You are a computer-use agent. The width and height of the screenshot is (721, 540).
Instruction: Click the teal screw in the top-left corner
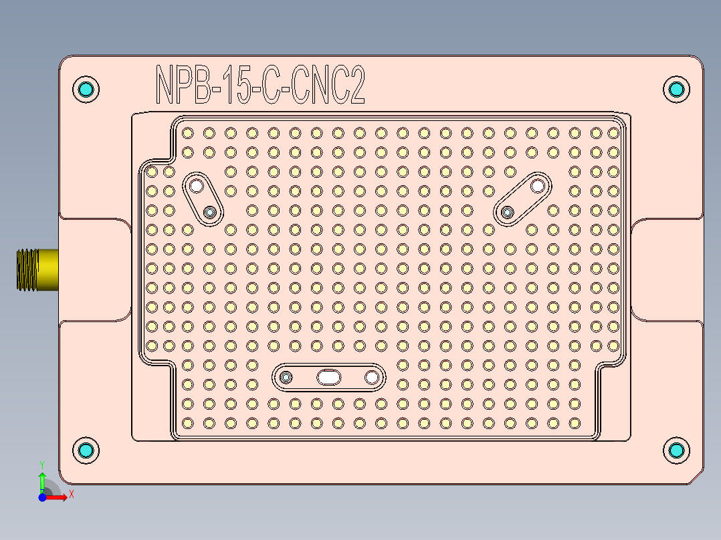86,89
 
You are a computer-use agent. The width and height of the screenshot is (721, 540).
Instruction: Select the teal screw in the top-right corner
676,89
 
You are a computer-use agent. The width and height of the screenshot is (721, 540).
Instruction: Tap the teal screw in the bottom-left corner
86,450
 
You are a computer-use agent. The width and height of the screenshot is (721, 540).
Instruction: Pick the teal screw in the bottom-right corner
676,450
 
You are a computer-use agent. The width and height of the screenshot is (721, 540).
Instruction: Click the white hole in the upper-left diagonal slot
196,185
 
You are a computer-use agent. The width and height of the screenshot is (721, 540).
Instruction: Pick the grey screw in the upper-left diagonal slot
211,213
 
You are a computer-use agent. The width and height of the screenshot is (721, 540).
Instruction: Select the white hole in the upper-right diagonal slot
537,185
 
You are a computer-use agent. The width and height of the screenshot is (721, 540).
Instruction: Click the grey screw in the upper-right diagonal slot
508,213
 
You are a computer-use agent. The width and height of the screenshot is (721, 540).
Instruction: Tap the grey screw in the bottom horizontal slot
286,378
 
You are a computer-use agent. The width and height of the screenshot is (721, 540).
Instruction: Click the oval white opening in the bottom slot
328,378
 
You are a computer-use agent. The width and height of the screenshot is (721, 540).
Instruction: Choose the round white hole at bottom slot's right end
371,378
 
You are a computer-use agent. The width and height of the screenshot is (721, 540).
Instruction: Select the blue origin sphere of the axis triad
42,497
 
